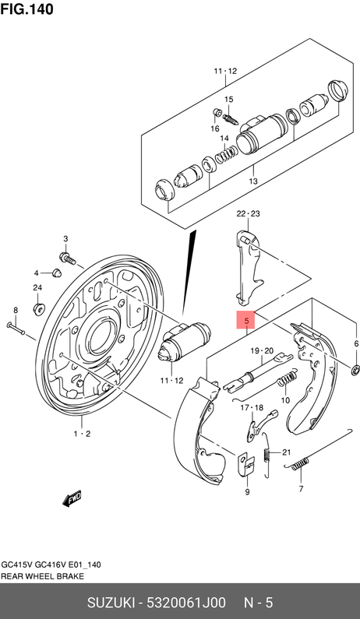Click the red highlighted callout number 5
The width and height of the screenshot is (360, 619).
point(245,321)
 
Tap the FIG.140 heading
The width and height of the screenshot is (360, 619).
point(26,9)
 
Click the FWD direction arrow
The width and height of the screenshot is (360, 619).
point(72,498)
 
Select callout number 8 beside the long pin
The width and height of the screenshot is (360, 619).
point(16,311)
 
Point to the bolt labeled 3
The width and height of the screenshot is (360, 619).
point(68,259)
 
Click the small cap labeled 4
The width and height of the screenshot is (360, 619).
point(57,273)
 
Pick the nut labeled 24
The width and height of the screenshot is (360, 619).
point(39,308)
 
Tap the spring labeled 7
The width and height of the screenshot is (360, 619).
point(300,464)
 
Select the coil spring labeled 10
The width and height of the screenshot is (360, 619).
point(288,378)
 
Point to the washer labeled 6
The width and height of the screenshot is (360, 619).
point(355,370)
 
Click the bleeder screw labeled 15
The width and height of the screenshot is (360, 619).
point(230,118)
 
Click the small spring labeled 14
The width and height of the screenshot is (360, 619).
point(227,153)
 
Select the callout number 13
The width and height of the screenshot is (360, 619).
point(253,181)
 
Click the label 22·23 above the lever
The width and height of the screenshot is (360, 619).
point(248,214)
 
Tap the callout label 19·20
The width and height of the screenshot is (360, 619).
point(263,350)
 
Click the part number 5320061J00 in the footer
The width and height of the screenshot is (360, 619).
point(186,603)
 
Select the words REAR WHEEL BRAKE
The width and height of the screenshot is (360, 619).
point(42,576)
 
